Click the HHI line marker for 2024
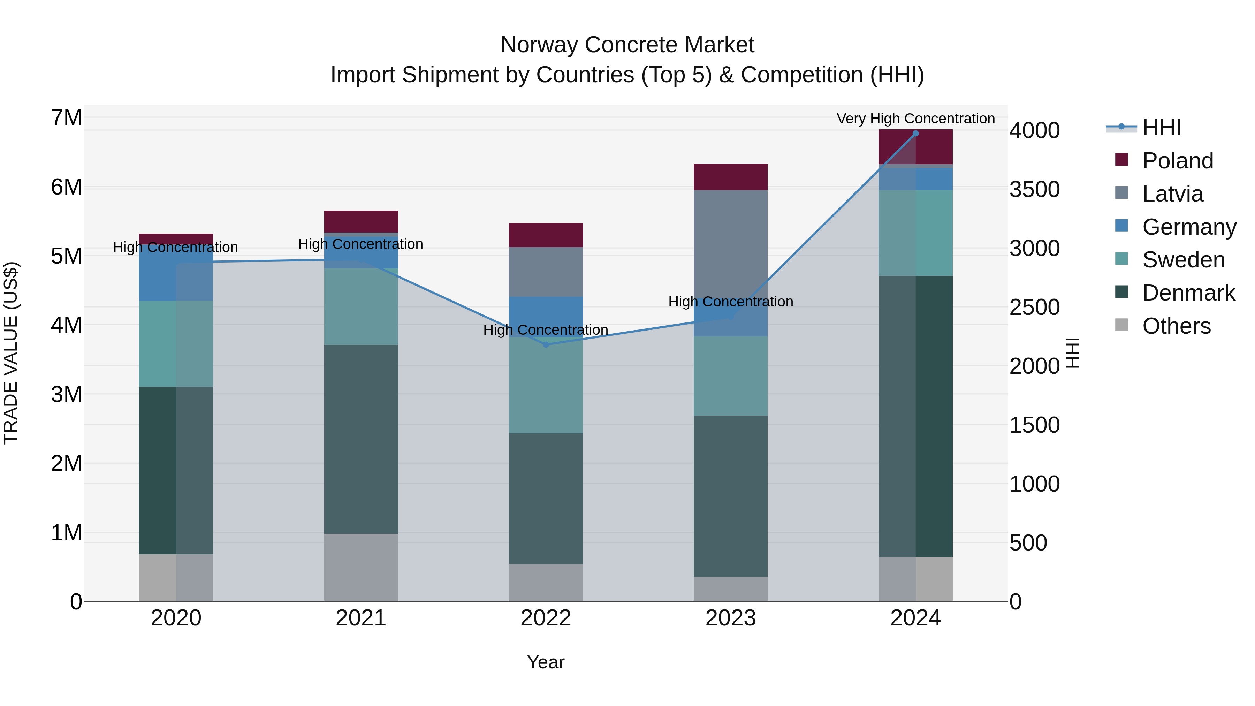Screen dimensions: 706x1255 [915, 134]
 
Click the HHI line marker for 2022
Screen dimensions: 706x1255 [546, 344]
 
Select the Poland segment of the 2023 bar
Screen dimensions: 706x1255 [730, 177]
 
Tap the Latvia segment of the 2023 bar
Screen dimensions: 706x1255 [730, 244]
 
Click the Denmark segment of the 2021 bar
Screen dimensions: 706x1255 [361, 439]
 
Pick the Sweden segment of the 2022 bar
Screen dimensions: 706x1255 [546, 385]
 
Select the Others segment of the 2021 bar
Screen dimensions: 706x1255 [361, 567]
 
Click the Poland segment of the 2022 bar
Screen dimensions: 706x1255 [546, 235]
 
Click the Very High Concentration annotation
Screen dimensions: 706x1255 [915, 119]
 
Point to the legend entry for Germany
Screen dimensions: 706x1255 [1189, 227]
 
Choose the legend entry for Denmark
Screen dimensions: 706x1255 [1188, 293]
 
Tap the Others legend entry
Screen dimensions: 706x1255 [1176, 326]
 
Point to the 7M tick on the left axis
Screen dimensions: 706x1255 [66, 117]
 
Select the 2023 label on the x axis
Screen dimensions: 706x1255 [730, 618]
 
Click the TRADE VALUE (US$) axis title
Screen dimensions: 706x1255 [11, 353]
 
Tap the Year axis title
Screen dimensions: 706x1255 [546, 662]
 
